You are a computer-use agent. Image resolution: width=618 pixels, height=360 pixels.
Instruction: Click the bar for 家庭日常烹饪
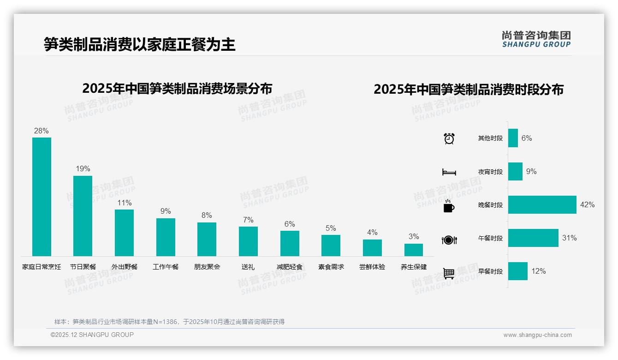[x=42, y=197]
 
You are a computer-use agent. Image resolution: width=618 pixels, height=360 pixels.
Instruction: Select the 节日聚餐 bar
[x=83, y=216]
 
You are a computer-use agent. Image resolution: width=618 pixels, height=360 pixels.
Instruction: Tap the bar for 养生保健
[x=414, y=250]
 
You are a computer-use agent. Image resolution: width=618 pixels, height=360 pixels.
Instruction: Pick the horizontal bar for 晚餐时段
[x=542, y=204]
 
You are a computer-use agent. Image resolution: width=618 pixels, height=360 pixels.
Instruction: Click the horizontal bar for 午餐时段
[x=533, y=238]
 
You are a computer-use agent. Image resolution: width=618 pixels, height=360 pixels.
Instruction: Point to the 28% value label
[x=41, y=131]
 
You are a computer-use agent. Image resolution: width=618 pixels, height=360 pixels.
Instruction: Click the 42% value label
[x=587, y=205]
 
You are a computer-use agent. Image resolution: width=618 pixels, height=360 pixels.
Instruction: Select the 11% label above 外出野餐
[x=124, y=203]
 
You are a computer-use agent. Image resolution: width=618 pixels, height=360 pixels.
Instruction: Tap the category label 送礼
[x=248, y=267]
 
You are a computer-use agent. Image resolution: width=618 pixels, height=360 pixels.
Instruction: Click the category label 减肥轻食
[x=290, y=267]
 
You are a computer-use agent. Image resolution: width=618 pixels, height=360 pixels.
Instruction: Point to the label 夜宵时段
[x=490, y=172]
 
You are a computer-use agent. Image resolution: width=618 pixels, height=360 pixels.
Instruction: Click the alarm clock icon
[x=449, y=138]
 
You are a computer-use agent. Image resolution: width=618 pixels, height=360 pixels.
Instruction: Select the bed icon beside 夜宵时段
[x=449, y=172]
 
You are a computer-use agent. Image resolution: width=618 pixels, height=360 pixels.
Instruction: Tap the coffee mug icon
[x=449, y=206]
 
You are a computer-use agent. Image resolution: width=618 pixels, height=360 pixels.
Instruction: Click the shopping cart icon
[x=449, y=273]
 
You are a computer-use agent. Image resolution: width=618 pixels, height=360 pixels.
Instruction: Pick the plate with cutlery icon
[x=449, y=240]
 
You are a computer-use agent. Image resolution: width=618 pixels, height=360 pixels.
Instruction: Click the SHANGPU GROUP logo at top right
[x=536, y=39]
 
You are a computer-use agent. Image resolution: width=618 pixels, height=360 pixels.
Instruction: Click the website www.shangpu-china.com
[x=537, y=335]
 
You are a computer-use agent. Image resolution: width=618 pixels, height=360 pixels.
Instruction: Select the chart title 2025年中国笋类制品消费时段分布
[x=469, y=90]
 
